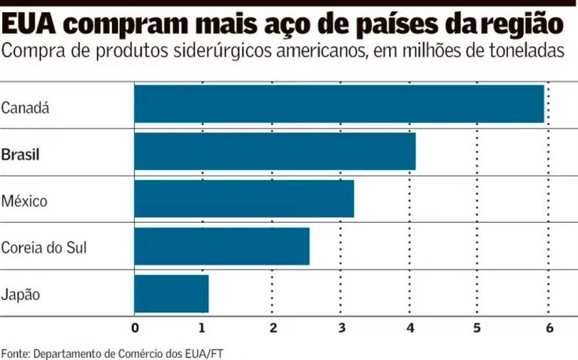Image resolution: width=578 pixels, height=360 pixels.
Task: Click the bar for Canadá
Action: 339,104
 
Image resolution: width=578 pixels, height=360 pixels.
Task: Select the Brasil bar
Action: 275,151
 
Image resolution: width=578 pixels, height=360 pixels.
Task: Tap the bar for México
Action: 244,199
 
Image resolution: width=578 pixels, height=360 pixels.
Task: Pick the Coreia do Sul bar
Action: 222,246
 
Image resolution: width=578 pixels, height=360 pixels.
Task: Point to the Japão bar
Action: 172,294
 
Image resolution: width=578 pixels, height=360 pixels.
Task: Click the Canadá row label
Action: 25,108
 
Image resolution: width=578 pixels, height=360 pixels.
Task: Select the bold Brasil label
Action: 20,155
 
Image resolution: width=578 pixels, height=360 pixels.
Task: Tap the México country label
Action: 24,202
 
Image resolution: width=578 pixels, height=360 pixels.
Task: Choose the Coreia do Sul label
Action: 44,247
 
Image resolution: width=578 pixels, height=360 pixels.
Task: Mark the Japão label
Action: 20,294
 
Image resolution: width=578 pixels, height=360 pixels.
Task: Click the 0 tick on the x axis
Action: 135,328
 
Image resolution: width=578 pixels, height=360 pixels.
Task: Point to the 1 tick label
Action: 203,328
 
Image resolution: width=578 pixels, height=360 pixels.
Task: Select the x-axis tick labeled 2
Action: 272,328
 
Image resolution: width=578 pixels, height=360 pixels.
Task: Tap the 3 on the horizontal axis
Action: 342,328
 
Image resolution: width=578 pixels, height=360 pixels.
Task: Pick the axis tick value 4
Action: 410,328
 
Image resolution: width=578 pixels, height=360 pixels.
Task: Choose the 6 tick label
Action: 549,328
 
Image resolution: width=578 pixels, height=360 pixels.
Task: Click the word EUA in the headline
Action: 30,24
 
